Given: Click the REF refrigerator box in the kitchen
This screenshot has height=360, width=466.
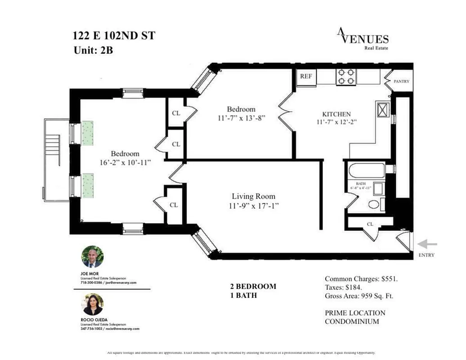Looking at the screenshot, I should click(306, 76).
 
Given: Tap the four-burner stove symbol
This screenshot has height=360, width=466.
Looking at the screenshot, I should click(345, 76).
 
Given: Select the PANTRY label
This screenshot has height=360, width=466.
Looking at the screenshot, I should click(401, 81).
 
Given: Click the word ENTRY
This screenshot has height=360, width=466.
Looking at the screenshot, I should click(426, 255).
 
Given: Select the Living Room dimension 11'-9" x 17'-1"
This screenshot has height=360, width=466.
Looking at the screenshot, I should click(253, 206).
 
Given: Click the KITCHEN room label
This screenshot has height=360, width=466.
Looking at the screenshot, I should click(336, 114).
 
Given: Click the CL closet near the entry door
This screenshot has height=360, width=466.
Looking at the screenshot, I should click(370, 224).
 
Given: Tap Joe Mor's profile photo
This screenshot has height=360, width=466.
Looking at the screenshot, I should click(92, 257).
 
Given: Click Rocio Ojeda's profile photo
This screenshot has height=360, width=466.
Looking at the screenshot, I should click(92, 305).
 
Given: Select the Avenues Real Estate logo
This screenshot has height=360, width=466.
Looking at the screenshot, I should click(363, 38).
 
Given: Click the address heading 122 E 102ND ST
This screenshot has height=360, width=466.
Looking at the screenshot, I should click(114, 36).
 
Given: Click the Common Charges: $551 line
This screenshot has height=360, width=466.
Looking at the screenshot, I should click(361, 279).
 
